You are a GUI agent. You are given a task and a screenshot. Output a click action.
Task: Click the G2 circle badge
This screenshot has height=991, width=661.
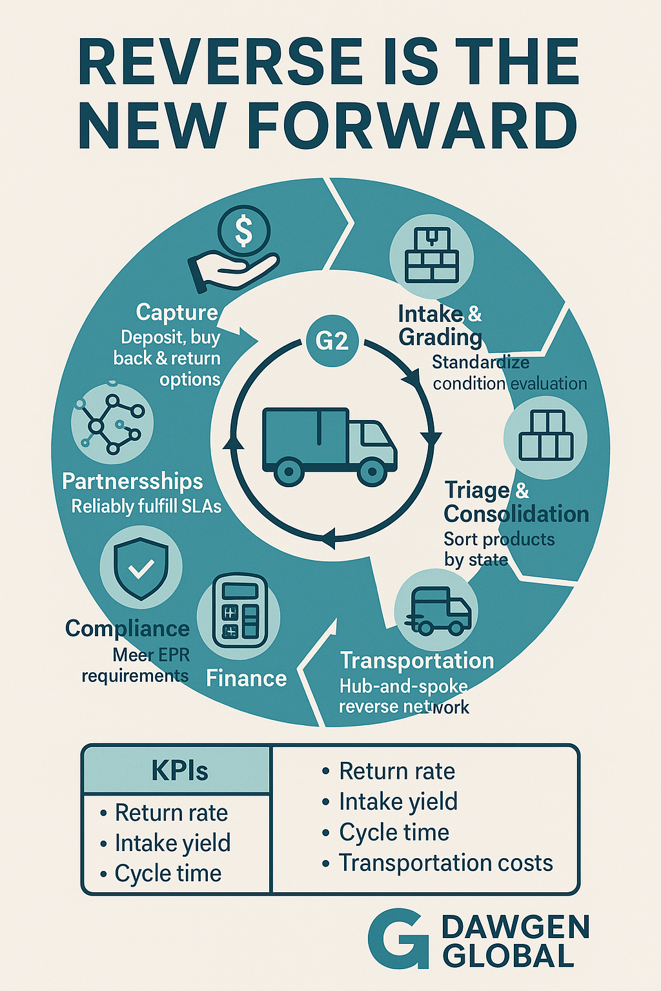(x=332, y=340)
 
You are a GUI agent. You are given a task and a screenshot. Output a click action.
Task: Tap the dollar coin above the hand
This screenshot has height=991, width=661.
(x=243, y=231)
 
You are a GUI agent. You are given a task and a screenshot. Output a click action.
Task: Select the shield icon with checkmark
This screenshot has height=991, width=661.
(x=141, y=566)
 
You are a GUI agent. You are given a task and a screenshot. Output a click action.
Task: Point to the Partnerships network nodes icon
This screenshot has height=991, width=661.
(x=112, y=424)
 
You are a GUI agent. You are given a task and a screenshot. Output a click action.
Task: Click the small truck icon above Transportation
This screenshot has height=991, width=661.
(x=437, y=610)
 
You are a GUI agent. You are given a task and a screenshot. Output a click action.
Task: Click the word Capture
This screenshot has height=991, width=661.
(x=177, y=312)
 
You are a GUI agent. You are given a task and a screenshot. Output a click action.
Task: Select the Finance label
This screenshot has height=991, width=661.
(x=246, y=679)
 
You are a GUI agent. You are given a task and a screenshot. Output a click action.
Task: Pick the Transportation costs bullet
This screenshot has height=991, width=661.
(x=445, y=863)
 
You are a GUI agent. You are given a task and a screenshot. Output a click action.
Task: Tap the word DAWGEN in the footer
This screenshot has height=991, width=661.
(x=515, y=928)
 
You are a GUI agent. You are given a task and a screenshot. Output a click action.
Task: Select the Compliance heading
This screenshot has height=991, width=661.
(x=127, y=628)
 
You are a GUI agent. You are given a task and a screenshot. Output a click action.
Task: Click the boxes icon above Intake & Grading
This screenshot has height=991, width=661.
(x=431, y=257)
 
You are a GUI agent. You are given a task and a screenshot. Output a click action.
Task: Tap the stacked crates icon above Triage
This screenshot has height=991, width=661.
(x=545, y=436)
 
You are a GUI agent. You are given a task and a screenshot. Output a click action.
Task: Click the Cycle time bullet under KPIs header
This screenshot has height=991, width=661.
(x=167, y=874)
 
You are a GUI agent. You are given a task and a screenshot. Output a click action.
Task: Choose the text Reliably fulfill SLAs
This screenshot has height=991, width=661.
(x=146, y=506)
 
